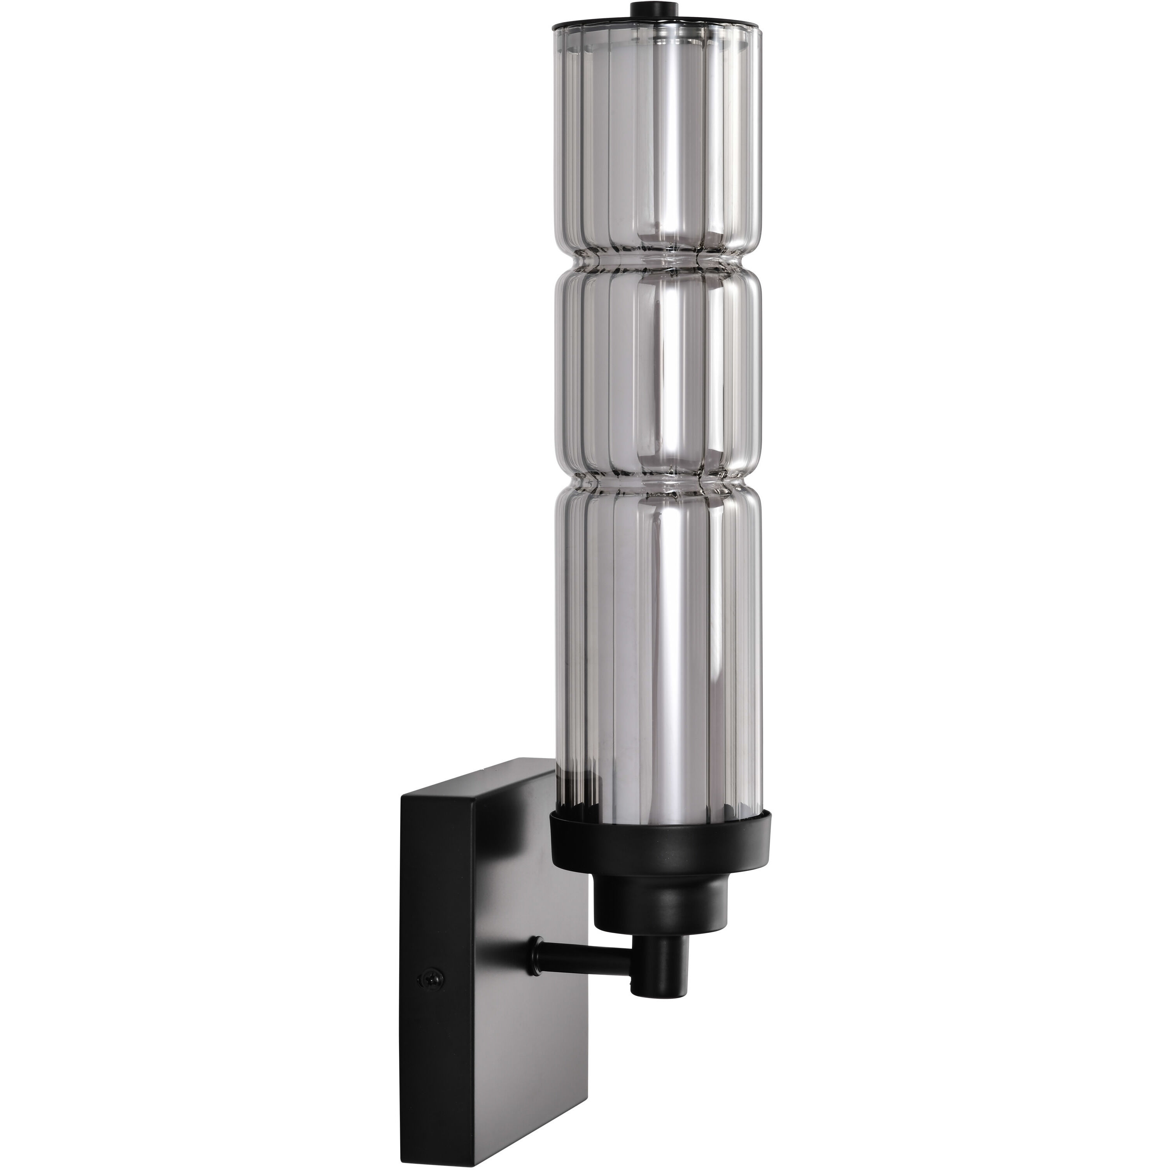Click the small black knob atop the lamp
click(x=655, y=10)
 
